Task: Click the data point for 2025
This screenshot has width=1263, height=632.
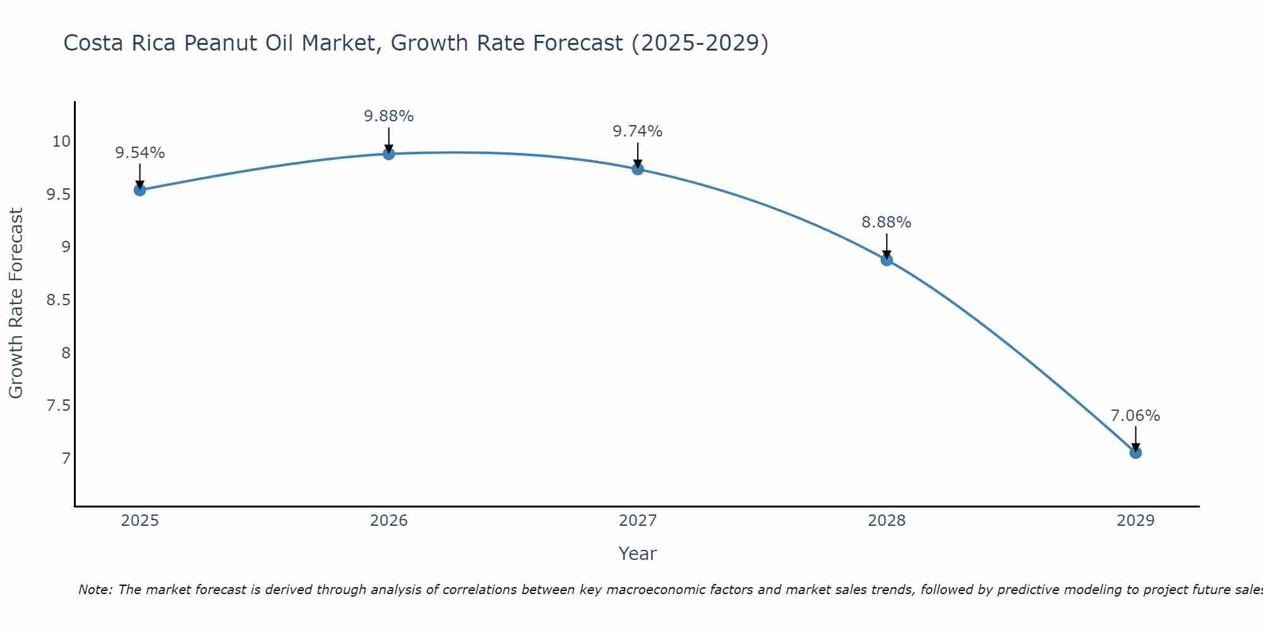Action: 140,190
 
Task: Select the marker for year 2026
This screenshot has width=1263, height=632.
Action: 388,154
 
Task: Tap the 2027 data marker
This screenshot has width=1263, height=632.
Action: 637,169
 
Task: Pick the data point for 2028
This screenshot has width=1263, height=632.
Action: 886,260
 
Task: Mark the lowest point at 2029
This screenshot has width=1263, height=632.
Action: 1135,453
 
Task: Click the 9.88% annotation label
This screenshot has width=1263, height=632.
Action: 388,116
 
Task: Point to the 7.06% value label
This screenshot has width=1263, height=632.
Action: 1135,416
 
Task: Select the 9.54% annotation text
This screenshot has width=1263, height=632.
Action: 140,153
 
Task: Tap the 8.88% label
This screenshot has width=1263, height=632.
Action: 886,222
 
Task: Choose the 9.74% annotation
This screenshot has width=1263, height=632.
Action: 637,131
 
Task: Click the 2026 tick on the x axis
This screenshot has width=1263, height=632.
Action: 388,521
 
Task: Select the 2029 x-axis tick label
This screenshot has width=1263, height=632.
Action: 1135,521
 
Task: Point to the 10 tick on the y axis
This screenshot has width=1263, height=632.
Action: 61,141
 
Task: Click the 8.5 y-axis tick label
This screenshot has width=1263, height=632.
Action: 58,300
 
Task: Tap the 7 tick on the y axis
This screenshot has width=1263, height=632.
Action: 66,458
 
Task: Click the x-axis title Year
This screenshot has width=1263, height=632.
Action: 637,554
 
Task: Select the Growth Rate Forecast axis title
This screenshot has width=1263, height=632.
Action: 16,303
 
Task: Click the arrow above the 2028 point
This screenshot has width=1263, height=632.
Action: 886,245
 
